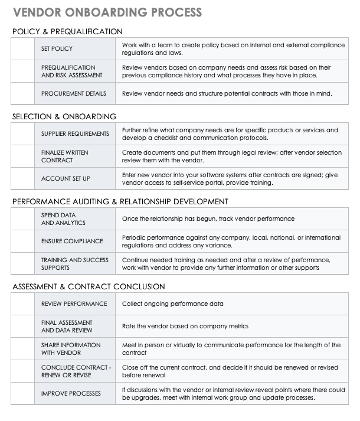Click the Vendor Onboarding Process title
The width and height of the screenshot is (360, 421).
click(x=107, y=12)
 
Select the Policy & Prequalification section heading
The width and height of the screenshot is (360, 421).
click(x=67, y=31)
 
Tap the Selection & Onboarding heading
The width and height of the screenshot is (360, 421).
click(x=64, y=116)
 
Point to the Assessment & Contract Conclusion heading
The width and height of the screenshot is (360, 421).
click(x=89, y=286)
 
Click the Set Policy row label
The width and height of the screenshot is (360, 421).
click(x=57, y=48)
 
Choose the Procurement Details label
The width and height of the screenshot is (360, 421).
click(x=74, y=93)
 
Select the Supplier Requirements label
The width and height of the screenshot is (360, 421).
click(x=75, y=133)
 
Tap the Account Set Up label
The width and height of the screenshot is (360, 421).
click(x=66, y=178)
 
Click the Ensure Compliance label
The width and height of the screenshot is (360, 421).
click(x=72, y=241)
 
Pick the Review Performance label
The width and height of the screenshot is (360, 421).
click(x=74, y=303)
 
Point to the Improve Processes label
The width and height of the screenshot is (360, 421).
click(x=71, y=393)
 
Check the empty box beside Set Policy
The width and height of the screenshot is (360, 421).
click(x=22, y=48)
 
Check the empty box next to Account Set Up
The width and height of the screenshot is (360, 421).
click(x=22, y=178)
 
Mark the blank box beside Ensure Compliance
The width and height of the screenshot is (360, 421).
click(x=22, y=241)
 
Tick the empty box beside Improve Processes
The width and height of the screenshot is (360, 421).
click(x=22, y=393)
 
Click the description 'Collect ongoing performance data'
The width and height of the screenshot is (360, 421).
click(x=172, y=303)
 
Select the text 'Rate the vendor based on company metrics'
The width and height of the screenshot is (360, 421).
click(x=185, y=326)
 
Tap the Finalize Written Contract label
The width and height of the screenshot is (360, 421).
click(x=65, y=156)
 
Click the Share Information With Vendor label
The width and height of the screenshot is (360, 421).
click(x=71, y=348)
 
